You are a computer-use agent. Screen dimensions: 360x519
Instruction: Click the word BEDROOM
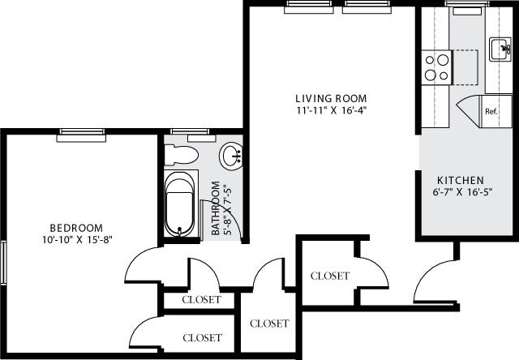pyautogui.click(x=76, y=227)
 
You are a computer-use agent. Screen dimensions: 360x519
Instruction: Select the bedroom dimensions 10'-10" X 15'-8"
pyautogui.click(x=76, y=240)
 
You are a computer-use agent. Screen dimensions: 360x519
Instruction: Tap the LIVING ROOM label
pyautogui.click(x=325, y=98)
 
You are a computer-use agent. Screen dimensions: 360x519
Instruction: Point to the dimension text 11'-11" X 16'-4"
pyautogui.click(x=325, y=110)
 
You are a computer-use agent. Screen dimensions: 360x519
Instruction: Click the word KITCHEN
pyautogui.click(x=460, y=179)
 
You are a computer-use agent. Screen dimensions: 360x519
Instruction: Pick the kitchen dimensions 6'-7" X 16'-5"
pyautogui.click(x=460, y=192)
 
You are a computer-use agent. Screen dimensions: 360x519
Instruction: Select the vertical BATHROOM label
pyautogui.click(x=217, y=208)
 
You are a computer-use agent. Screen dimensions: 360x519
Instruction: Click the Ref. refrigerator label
pyautogui.click(x=491, y=111)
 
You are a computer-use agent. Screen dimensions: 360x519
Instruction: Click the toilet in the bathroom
pyautogui.click(x=182, y=154)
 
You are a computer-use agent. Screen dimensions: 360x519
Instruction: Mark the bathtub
pyautogui.click(x=180, y=203)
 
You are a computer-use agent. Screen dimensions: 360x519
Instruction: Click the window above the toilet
pyautogui.click(x=187, y=132)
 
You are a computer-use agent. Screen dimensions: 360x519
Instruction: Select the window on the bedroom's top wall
pyautogui.click(x=82, y=133)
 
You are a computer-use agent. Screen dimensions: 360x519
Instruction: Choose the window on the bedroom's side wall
pyautogui.click(x=3, y=263)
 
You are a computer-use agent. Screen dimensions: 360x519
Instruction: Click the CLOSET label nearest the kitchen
pyautogui.click(x=330, y=276)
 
